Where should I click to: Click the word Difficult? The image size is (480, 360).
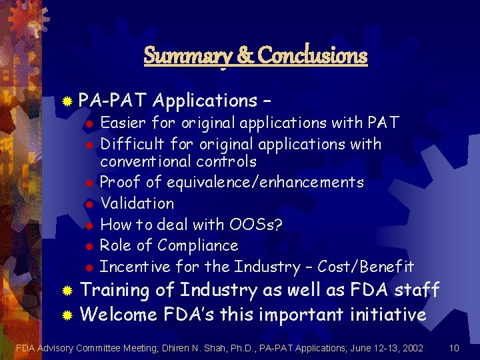pyautogui.click(x=129, y=144)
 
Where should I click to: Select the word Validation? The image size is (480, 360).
pyautogui.click(x=137, y=203)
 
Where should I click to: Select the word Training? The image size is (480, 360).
pyautogui.click(x=114, y=290)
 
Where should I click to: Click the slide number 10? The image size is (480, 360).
pyautogui.click(x=454, y=347)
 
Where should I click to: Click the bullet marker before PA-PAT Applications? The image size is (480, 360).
pyautogui.click(x=67, y=101)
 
